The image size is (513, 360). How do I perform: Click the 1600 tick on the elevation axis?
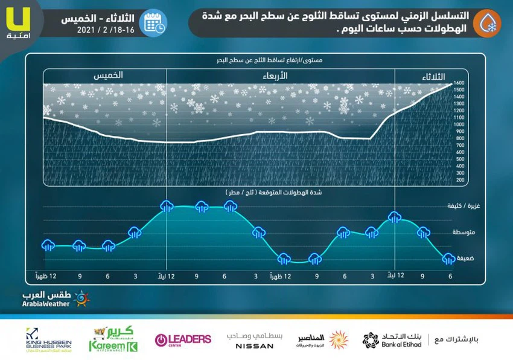tap(459, 83)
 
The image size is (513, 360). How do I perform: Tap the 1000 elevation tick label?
tap(459, 124)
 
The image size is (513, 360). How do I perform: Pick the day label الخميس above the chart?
tap(109, 76)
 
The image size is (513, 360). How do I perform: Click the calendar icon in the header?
tap(153, 23)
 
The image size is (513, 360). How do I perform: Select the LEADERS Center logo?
tap(183, 339)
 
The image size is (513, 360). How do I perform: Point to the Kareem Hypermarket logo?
tap(113, 339)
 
